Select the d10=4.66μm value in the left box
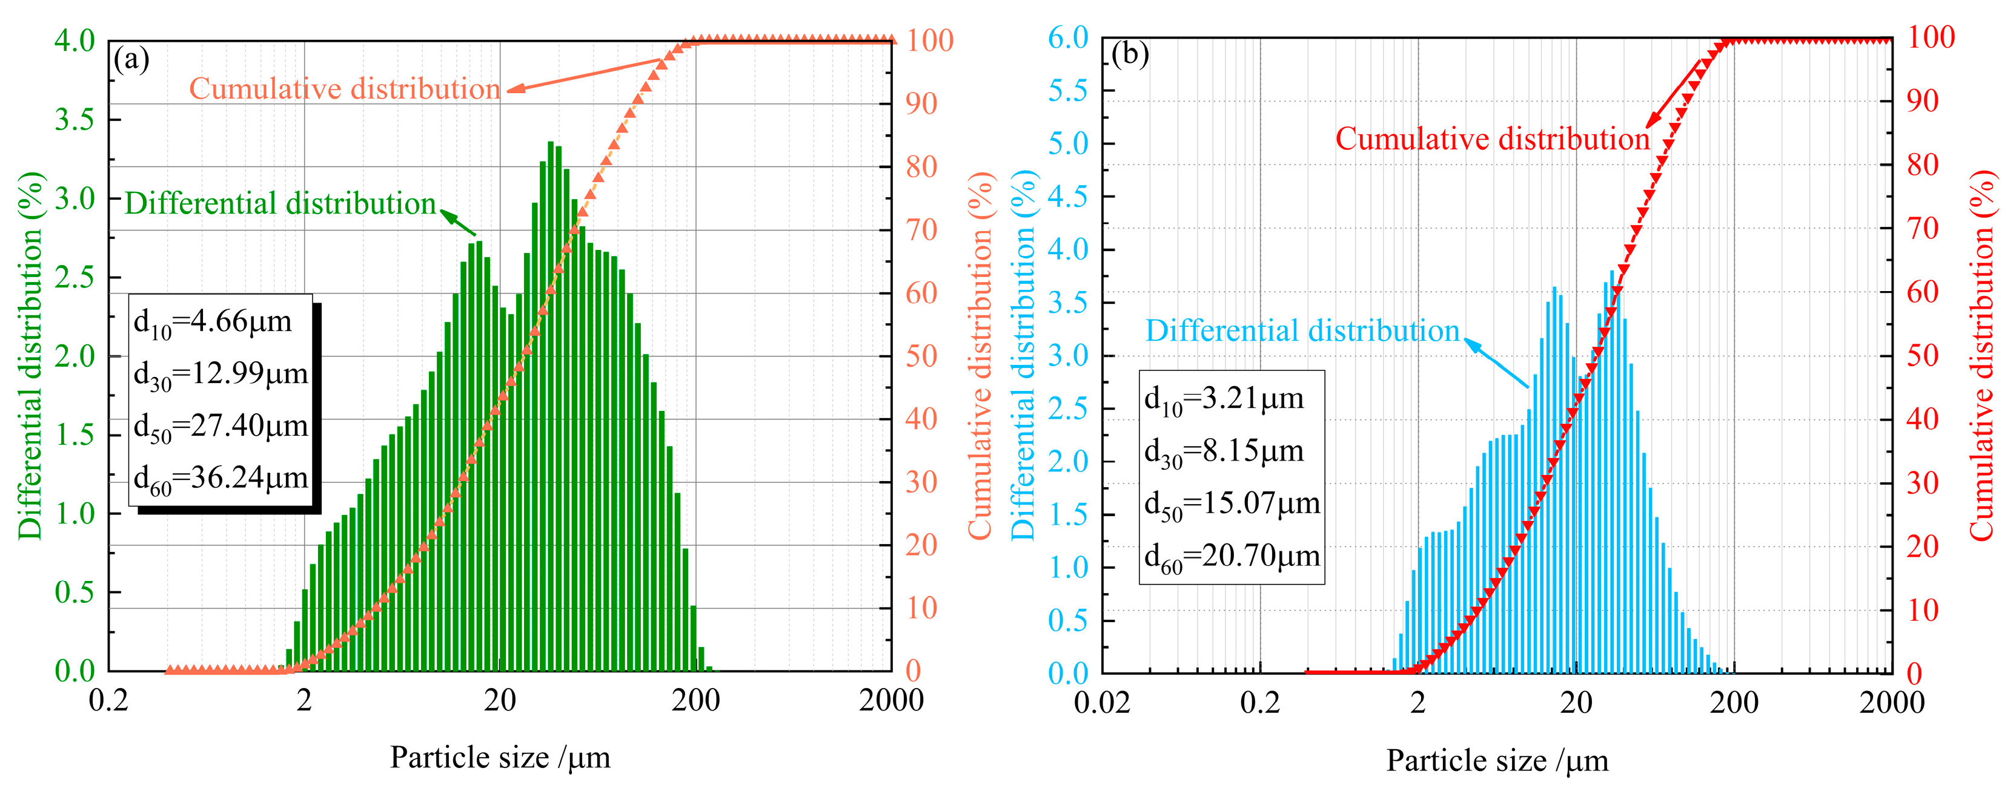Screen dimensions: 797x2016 tap(213, 322)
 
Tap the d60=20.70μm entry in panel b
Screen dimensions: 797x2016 tap(1232, 557)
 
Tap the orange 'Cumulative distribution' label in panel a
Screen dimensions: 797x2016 tap(344, 89)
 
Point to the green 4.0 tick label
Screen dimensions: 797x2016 tap(75, 41)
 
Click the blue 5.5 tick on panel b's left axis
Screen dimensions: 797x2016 tap(1067, 91)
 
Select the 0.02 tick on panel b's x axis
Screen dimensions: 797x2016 tap(1102, 703)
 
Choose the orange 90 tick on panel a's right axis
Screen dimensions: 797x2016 tap(922, 103)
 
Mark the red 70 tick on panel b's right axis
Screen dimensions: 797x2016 tap(1922, 228)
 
